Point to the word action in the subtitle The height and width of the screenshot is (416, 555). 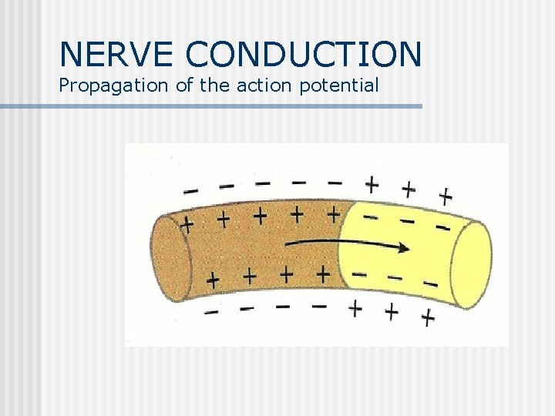(261, 85)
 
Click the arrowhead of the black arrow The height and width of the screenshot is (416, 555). (402, 248)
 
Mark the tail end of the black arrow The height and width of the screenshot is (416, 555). (287, 243)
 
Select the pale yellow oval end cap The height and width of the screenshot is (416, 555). (471, 264)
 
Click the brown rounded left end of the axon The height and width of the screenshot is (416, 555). (171, 258)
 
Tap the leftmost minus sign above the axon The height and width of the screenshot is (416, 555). (190, 190)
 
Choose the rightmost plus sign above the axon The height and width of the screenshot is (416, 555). (445, 196)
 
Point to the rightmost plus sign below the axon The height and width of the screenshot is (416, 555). (427, 317)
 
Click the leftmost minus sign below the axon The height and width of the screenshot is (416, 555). (210, 311)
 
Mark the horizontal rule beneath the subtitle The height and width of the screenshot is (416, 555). (211, 106)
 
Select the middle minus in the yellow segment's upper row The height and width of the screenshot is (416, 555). (406, 221)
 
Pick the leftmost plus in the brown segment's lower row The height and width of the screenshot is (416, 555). (212, 279)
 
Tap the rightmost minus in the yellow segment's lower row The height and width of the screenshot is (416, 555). (430, 284)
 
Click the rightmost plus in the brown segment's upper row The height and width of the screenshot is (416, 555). (333, 212)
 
